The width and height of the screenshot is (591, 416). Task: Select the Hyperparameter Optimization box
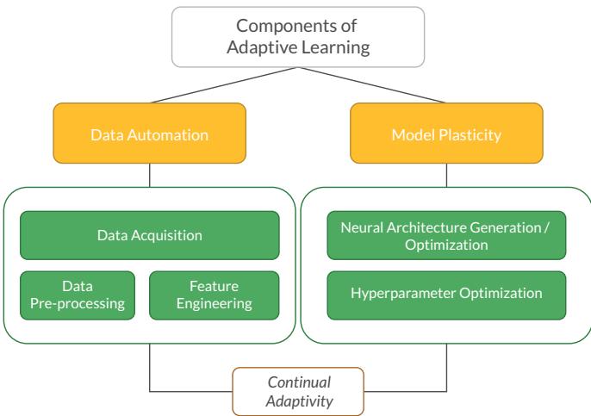[x=446, y=293]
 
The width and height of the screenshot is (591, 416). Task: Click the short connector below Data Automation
[x=149, y=175]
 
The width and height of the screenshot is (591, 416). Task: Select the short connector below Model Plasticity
[x=446, y=175]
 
